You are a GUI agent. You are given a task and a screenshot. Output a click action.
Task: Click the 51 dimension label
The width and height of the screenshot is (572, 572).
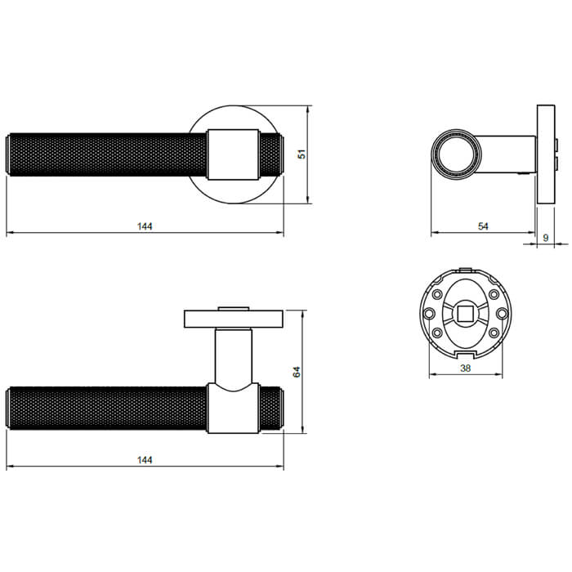[302, 154]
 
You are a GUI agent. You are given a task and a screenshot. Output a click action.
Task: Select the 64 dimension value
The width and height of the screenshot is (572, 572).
[297, 372]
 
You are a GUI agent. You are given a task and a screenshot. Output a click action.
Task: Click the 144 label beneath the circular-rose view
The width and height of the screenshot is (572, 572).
[145, 226]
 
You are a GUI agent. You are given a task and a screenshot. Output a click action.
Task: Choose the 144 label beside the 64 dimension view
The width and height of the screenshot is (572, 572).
[145, 460]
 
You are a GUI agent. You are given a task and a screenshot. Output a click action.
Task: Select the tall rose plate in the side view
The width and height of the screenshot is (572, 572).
[543, 155]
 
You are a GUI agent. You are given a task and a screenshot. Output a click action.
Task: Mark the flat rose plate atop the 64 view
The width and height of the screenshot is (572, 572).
[234, 317]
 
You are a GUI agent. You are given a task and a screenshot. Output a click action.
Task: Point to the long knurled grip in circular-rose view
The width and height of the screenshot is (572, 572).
[106, 154]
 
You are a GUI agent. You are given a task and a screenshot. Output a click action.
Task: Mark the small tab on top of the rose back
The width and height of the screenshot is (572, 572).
[464, 269]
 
